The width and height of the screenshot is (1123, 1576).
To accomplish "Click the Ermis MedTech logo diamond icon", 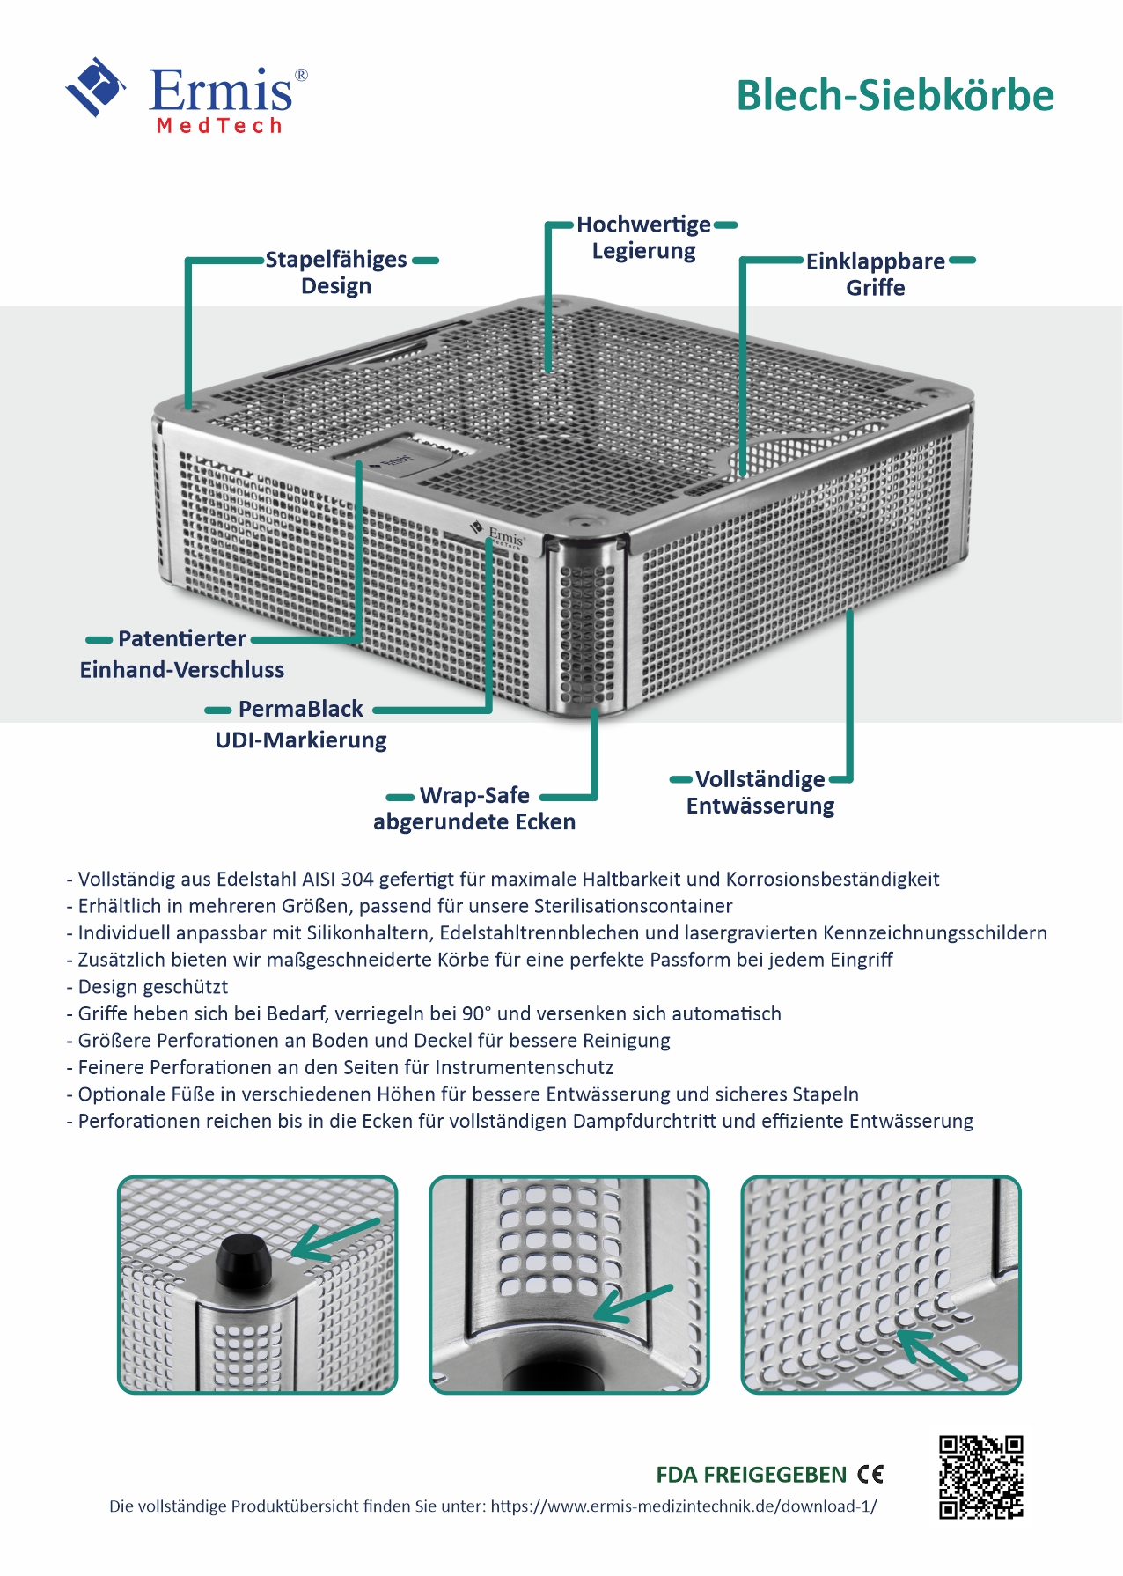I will [x=95, y=87].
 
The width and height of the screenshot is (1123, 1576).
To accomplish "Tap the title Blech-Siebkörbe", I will [x=894, y=96].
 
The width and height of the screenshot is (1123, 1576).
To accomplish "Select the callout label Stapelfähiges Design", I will [x=336, y=273].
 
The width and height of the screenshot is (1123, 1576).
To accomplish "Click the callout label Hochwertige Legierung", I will [x=643, y=238].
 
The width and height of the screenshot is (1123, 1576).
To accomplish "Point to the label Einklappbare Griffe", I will [x=876, y=275].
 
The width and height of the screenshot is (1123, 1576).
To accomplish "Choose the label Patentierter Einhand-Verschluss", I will [x=182, y=654].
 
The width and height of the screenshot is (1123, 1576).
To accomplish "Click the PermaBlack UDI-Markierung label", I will [x=301, y=724].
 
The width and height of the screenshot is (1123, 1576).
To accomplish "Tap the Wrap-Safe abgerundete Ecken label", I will [x=474, y=808].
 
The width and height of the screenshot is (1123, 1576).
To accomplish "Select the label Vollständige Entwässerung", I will [x=760, y=792].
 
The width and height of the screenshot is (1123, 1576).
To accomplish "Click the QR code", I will [x=980, y=1477].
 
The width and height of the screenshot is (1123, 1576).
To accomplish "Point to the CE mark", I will [x=870, y=1474].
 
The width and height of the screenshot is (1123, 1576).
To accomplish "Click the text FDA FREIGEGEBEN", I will [x=751, y=1475].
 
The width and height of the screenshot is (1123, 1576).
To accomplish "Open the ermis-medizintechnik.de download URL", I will [x=683, y=1506].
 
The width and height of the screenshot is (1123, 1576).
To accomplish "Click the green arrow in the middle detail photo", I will [x=635, y=1304].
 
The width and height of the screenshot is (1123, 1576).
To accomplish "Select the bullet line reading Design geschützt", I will [x=152, y=987].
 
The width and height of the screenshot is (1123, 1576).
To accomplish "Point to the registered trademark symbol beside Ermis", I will [x=301, y=76].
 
